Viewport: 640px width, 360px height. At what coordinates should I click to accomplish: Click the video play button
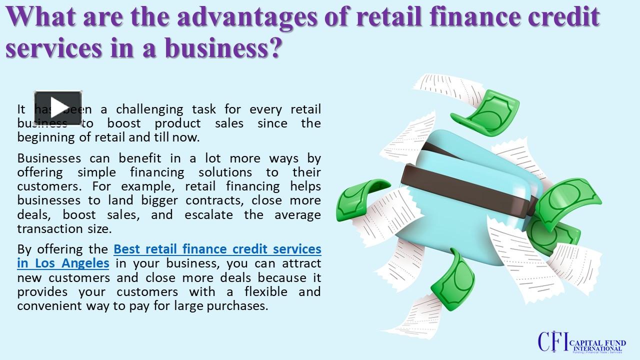58,107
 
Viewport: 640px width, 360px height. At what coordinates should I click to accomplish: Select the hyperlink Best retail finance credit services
217,248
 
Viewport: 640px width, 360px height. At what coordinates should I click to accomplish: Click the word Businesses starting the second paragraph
49,158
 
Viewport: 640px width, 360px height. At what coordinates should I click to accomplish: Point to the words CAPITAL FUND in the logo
597,342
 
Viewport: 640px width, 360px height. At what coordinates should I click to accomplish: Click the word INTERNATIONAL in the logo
597,348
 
